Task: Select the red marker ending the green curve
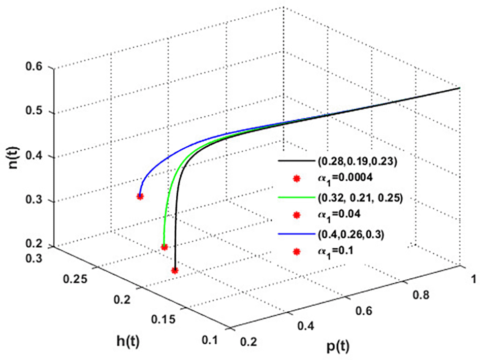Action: click(x=164, y=247)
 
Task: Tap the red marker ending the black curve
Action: click(x=175, y=271)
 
